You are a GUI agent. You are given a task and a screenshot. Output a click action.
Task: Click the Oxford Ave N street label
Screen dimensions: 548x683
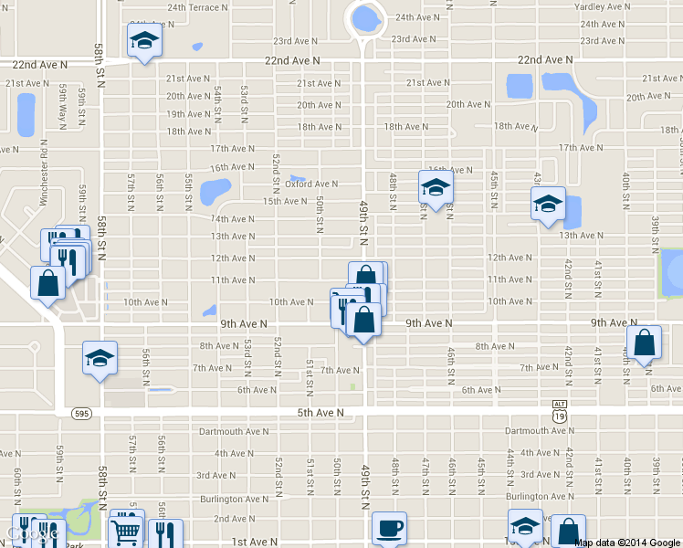click(x=311, y=184)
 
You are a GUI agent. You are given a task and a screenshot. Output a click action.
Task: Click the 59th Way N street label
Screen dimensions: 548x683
click(x=64, y=102)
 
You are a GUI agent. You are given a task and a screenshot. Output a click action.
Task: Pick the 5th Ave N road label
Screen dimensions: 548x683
click(x=320, y=413)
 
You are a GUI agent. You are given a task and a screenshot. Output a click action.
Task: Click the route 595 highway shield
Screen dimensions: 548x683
click(x=80, y=413)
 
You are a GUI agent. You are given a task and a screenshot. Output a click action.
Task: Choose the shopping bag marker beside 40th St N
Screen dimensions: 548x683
click(x=645, y=343)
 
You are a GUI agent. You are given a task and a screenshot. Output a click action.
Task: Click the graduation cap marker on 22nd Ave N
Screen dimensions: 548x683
click(x=143, y=41)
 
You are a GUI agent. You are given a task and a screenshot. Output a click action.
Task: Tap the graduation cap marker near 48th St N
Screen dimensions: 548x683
click(x=436, y=188)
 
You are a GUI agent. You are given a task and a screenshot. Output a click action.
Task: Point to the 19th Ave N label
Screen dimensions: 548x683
click(x=189, y=114)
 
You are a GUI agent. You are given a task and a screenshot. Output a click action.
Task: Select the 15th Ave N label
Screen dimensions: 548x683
click(x=285, y=201)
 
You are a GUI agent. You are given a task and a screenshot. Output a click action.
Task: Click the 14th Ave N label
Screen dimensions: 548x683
click(x=233, y=219)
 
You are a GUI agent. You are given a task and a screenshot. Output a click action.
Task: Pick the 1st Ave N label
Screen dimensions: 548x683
click(x=248, y=542)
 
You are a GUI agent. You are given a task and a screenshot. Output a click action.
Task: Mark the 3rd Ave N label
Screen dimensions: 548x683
click(x=216, y=475)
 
